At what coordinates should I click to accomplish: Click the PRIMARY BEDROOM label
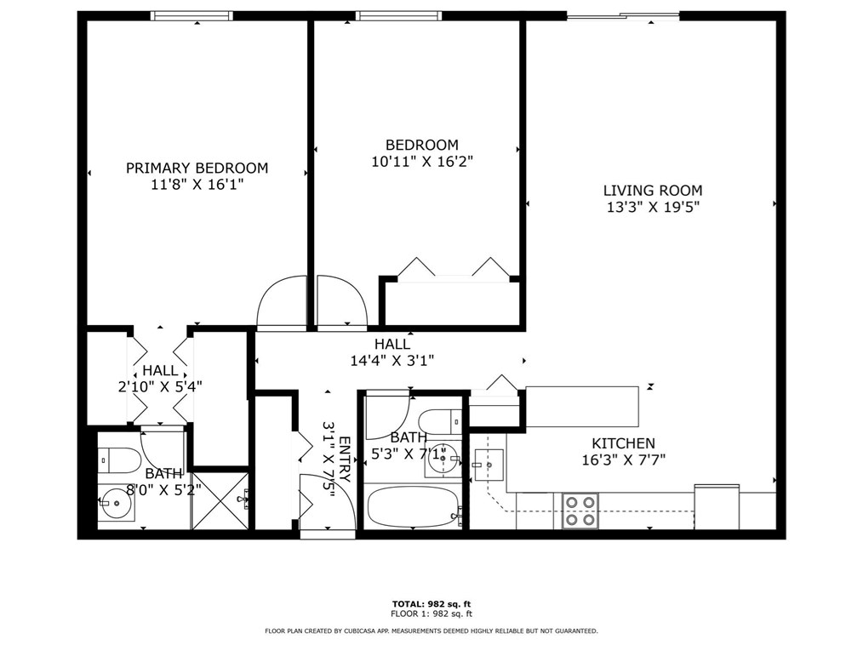coord(197,168)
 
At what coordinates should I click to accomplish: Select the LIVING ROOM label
coord(653,191)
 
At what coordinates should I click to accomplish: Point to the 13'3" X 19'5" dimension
coord(653,207)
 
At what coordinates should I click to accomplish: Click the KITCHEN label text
coord(623,443)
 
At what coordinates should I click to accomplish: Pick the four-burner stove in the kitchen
coord(580,511)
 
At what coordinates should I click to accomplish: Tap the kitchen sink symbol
coord(489,465)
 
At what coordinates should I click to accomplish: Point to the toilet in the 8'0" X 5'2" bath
coord(119,460)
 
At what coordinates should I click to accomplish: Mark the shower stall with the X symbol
coord(220,501)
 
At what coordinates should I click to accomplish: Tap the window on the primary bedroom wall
coord(191,15)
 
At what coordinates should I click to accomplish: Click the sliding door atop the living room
coord(623,15)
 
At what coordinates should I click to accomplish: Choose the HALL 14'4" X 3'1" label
coord(392,352)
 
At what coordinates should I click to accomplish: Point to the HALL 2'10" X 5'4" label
coord(160,378)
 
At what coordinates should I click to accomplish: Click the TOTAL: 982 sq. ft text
coord(431,603)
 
